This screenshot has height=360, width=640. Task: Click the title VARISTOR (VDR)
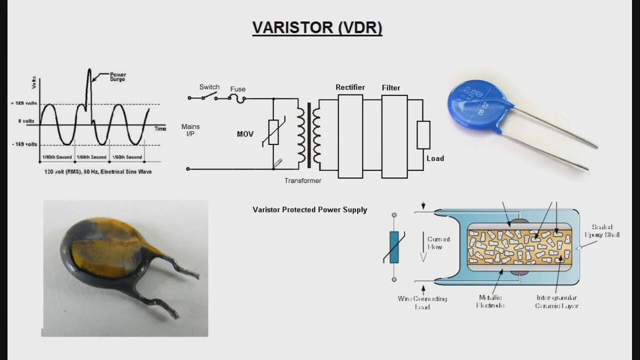[317, 27]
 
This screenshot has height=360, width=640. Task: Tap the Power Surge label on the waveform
[118, 77]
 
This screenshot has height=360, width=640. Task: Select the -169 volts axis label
[24, 144]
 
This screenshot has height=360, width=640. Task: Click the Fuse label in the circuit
[238, 89]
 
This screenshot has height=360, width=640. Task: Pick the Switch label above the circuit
[209, 87]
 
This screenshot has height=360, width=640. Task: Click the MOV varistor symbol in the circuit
[273, 132]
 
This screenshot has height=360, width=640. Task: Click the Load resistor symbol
[423, 134]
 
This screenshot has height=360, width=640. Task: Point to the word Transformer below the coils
[303, 180]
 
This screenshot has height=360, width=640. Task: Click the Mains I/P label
[190, 130]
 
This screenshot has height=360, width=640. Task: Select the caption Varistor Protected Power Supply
[310, 210]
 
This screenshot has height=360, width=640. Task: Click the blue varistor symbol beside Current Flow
[394, 247]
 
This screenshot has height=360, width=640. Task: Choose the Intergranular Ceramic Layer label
[556, 301]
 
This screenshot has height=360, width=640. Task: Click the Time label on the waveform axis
[160, 129]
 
